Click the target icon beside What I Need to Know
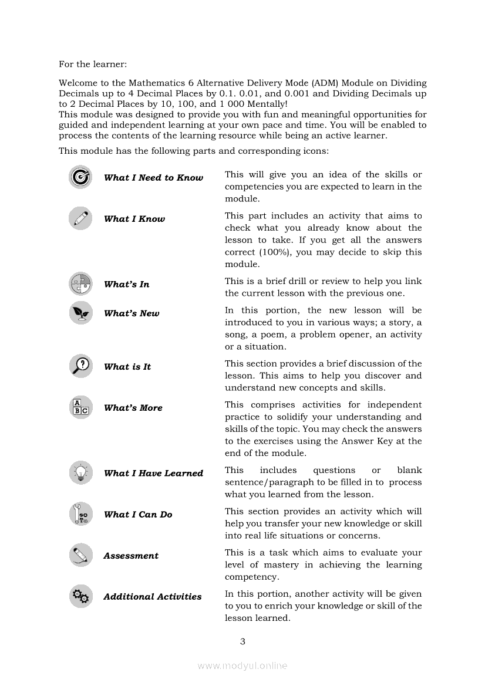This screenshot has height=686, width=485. click(80, 177)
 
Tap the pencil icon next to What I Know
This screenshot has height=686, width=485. click(80, 218)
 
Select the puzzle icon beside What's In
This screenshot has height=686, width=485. click(80, 284)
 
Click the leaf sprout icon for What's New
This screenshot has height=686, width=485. click(80, 313)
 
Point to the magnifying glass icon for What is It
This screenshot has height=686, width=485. click(80, 366)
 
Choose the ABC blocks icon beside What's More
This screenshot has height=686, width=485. click(80, 407)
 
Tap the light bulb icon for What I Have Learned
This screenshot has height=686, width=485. click(80, 472)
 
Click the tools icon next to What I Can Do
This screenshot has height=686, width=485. click(80, 514)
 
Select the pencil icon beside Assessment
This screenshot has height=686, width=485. click(80, 555)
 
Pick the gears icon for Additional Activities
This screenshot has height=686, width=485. click(80, 597)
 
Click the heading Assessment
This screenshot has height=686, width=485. click(131, 556)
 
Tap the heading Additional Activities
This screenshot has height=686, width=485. click(152, 597)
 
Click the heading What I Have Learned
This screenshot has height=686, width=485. click(153, 473)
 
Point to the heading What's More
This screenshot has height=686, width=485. click(133, 408)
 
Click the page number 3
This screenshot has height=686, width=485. click(242, 641)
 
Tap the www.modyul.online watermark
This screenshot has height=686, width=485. click(242, 665)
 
